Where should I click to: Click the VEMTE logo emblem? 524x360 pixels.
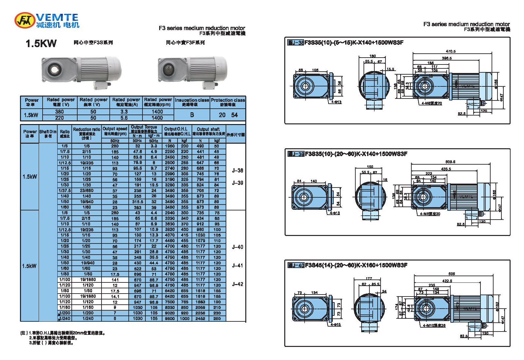point(25,20)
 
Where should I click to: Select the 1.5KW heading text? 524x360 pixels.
point(41,44)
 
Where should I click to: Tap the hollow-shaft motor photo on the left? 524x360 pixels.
point(81,72)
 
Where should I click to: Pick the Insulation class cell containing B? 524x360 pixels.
point(192,115)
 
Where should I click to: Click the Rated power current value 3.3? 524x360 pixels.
point(124,112)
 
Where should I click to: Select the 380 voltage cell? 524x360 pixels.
point(60,112)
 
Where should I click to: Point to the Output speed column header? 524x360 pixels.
point(115,131)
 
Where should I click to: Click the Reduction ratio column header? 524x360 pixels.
point(86,133)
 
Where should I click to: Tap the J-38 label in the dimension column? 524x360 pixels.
point(237,171)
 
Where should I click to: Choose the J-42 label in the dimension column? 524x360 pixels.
point(237,284)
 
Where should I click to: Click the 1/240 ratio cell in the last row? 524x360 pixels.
point(65,318)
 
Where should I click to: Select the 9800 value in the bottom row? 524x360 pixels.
point(170,318)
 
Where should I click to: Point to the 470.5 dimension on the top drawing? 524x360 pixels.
point(451,51)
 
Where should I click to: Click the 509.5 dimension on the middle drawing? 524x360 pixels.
point(450,162)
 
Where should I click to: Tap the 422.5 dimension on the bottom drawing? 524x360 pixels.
point(447,281)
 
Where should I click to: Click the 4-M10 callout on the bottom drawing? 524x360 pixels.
point(434,326)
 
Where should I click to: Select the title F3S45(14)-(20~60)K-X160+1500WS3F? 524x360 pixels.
point(356,265)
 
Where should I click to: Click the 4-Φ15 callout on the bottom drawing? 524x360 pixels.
point(336,325)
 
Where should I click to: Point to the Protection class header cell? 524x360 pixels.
point(228,102)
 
